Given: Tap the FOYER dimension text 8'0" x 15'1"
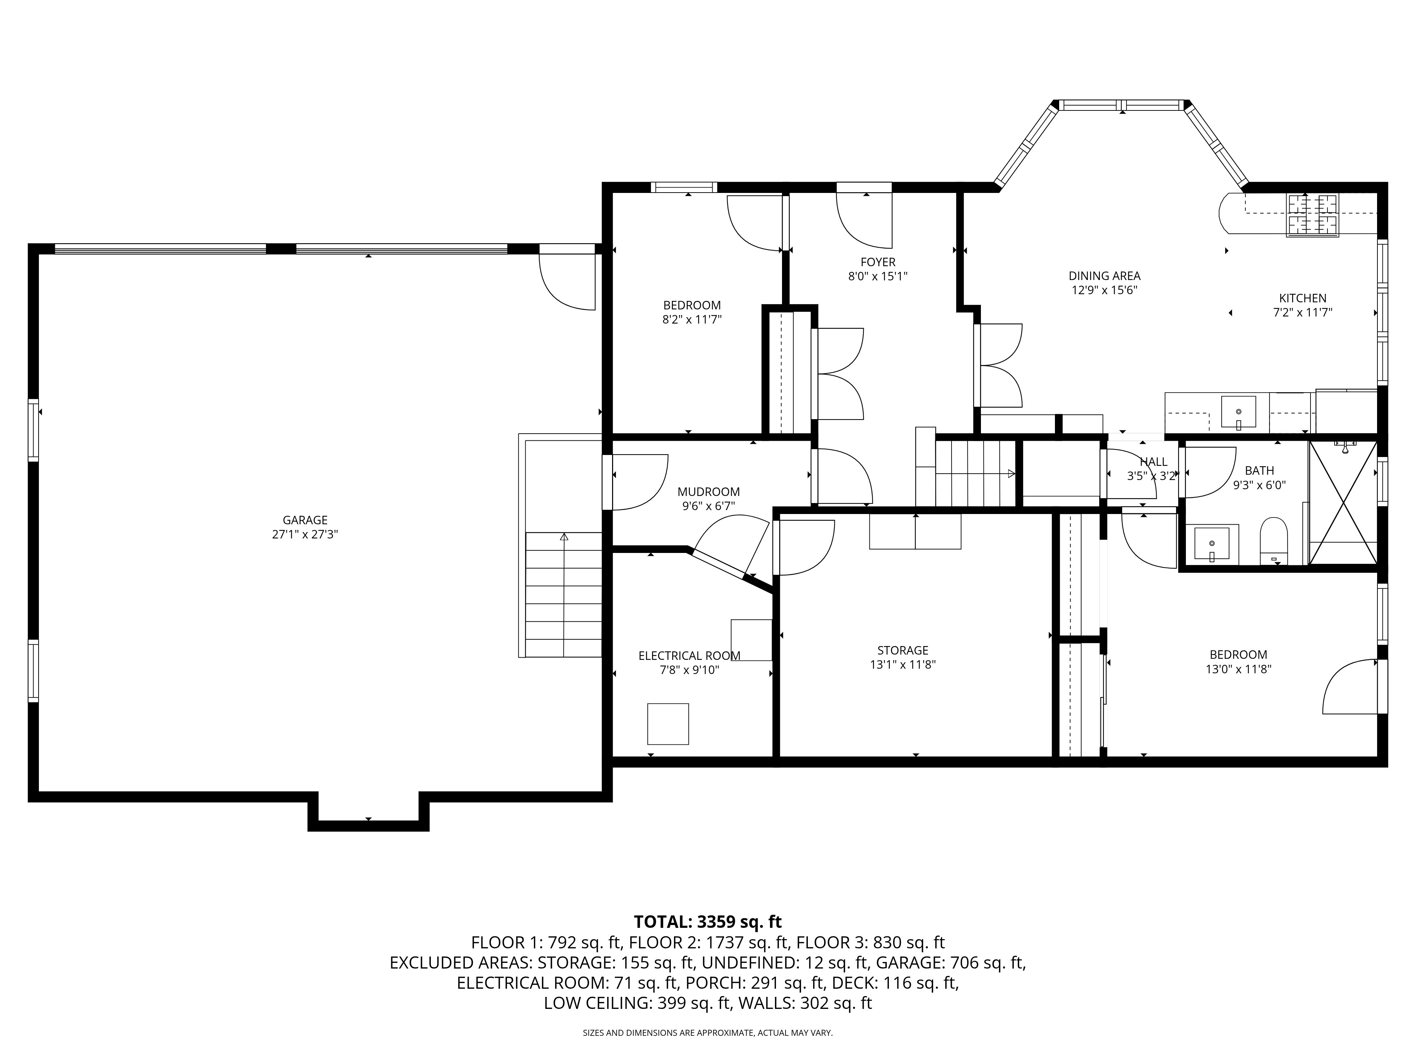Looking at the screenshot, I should pyautogui.click(x=878, y=276).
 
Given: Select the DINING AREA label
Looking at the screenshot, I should pyautogui.click(x=1104, y=276).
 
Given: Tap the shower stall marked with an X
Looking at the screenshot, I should pyautogui.click(x=1342, y=503).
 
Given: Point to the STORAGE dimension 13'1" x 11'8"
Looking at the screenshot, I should pyautogui.click(x=903, y=664).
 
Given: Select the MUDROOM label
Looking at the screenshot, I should pyautogui.click(x=709, y=492).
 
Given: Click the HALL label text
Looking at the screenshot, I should pyautogui.click(x=1154, y=462).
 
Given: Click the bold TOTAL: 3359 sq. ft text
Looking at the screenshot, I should pyautogui.click(x=707, y=922).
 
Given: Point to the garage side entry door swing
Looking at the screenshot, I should pyautogui.click(x=566, y=282).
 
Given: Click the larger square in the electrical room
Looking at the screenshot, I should pyautogui.click(x=668, y=724).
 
